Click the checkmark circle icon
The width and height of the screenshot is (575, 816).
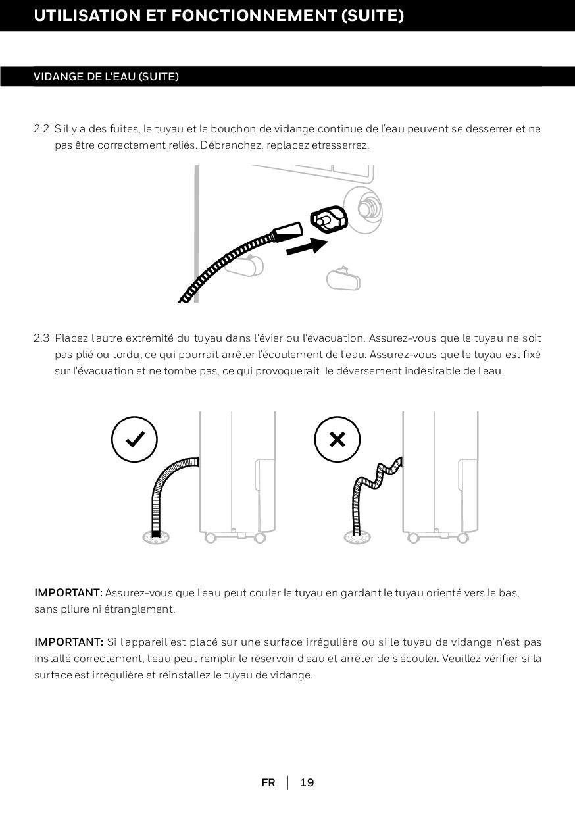click(x=134, y=439)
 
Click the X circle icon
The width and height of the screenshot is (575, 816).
click(x=337, y=439)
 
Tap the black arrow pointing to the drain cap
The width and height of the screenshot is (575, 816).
click(x=307, y=247)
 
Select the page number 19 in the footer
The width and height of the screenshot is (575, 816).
click(x=307, y=782)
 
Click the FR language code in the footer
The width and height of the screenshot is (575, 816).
click(x=268, y=782)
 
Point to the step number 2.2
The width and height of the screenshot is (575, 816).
click(x=41, y=128)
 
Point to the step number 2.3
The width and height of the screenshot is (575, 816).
click(x=41, y=338)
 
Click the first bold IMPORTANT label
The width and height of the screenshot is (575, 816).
click(x=68, y=593)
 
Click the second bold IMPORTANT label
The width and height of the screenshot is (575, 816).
click(x=68, y=642)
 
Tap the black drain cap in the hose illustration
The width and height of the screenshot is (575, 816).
click(x=329, y=220)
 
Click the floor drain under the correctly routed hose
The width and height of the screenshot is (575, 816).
click(x=156, y=538)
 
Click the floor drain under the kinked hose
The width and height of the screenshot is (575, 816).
click(x=357, y=538)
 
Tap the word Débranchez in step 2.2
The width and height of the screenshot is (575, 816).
click(x=232, y=145)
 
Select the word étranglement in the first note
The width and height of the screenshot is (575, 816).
click(x=139, y=609)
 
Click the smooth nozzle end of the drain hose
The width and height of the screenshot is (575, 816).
click(x=288, y=232)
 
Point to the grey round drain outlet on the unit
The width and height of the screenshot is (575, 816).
click(x=363, y=209)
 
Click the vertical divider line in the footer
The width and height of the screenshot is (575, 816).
click(x=287, y=782)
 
